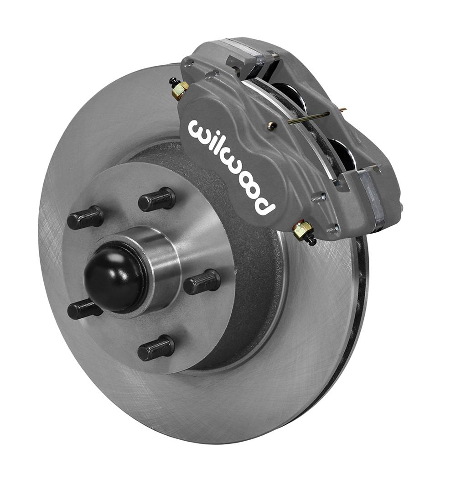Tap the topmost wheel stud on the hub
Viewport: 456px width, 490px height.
157,200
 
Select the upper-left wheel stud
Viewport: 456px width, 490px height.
86,218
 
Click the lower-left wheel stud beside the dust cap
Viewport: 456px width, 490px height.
84,310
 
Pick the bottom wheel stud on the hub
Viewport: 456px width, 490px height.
156,348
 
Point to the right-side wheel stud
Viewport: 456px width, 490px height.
202,282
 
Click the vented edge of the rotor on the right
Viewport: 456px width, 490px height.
360,315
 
